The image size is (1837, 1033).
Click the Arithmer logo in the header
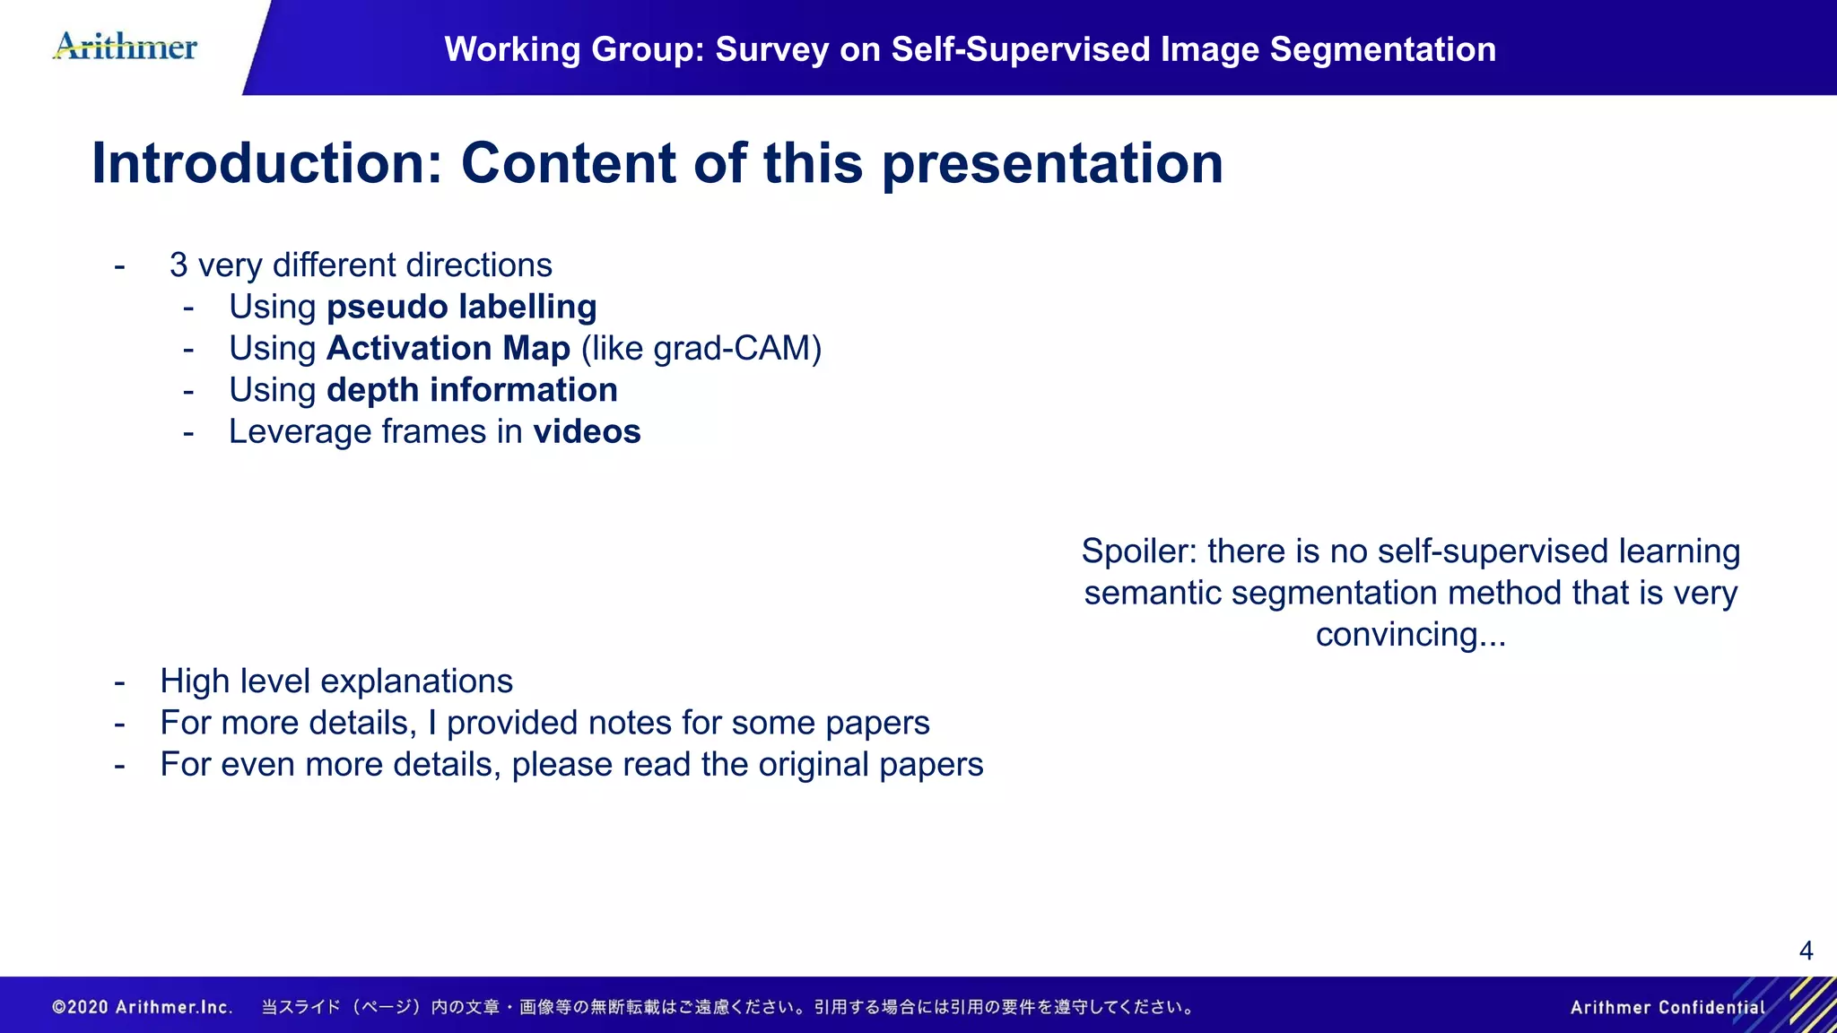(126, 46)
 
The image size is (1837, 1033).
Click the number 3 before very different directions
(178, 265)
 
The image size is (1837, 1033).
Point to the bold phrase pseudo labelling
(461, 308)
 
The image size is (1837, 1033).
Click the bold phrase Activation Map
(448, 349)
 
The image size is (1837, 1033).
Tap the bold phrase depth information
(472, 390)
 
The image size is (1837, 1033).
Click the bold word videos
(587, 432)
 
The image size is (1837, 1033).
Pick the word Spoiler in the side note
(1138, 551)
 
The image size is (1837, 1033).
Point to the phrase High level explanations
(336, 681)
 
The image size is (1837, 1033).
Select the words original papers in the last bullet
(870, 765)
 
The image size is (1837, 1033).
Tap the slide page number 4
(1806, 951)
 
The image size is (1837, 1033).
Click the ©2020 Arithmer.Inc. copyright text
(143, 1007)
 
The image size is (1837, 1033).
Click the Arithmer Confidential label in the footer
(1667, 1007)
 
